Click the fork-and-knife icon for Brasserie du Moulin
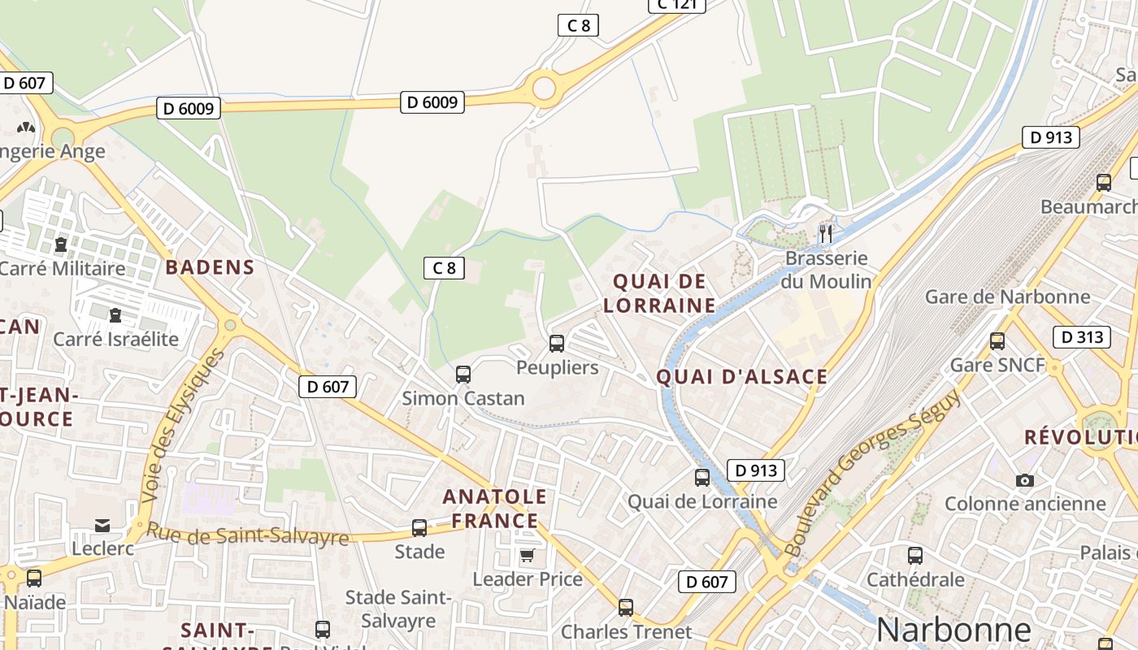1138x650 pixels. click(x=826, y=234)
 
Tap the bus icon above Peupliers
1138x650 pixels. click(x=557, y=343)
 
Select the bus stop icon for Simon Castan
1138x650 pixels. click(x=463, y=375)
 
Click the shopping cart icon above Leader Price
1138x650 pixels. click(x=528, y=556)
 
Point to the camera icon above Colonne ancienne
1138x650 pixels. click(x=1025, y=480)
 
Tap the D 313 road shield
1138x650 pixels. click(x=1081, y=336)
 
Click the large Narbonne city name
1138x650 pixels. click(x=953, y=630)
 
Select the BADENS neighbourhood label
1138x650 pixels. click(x=211, y=267)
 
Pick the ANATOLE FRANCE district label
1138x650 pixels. click(x=495, y=509)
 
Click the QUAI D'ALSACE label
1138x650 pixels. click(x=741, y=377)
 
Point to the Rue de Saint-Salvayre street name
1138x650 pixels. click(x=247, y=535)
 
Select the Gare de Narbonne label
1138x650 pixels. click(x=1007, y=297)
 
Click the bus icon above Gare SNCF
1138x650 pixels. click(x=997, y=341)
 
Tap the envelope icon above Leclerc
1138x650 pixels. click(x=102, y=526)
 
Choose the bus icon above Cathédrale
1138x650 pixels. click(x=915, y=556)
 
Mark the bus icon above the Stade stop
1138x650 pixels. click(x=419, y=528)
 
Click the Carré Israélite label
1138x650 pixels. click(x=115, y=339)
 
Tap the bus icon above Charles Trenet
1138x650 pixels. click(x=626, y=608)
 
